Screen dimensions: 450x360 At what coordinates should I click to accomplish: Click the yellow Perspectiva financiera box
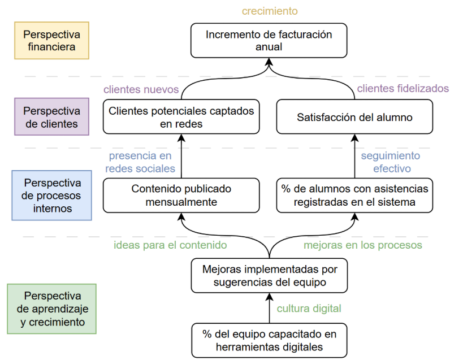(51, 41)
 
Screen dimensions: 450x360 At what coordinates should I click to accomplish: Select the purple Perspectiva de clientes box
(51, 116)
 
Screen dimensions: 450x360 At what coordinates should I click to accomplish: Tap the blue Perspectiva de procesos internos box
(51, 196)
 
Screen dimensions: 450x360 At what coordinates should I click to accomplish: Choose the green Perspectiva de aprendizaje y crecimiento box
(51, 309)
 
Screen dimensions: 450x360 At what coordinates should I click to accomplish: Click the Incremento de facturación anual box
(269, 41)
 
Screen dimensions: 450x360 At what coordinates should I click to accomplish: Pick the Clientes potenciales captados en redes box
(181, 117)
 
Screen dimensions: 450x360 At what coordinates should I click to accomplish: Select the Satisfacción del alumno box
(354, 117)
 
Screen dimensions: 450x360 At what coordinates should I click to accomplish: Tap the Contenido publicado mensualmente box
(181, 196)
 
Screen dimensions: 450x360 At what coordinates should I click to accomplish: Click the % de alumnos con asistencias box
(354, 196)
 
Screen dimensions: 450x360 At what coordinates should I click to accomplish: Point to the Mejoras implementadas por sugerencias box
(269, 276)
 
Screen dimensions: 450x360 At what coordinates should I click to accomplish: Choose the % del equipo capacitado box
(269, 340)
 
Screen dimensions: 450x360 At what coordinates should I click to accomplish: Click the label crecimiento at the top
(270, 11)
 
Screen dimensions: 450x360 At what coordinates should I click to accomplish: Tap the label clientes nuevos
(141, 89)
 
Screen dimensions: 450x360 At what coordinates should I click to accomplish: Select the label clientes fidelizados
(403, 88)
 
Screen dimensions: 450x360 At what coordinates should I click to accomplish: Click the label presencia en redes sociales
(140, 162)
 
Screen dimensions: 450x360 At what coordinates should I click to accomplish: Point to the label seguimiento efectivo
(391, 162)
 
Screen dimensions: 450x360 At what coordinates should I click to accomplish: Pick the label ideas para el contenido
(170, 245)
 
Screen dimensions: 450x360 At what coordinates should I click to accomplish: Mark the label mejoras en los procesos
(363, 245)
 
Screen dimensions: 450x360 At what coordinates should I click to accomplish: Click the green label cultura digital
(309, 309)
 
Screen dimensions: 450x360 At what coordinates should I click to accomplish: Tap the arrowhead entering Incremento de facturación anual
(269, 62)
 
